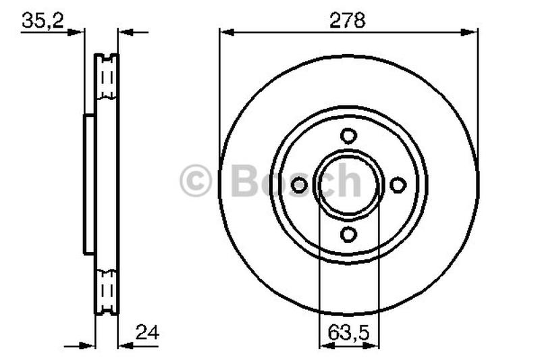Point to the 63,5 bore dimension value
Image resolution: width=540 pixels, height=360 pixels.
tap(348, 333)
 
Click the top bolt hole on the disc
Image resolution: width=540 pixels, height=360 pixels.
tap(348, 136)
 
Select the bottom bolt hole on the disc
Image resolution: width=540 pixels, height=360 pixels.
tap(348, 234)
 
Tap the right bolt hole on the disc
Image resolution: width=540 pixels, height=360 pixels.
tap(398, 184)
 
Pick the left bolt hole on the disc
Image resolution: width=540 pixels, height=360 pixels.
tap(299, 184)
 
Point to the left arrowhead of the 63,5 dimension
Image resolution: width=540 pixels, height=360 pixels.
tap(325, 345)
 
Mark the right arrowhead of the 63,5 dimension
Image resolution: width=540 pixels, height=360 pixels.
tap(372, 345)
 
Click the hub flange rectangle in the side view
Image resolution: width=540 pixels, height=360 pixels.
tap(89, 184)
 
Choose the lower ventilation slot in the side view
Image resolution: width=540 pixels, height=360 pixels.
tap(106, 290)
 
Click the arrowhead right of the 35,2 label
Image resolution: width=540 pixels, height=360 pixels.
tap(78, 31)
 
